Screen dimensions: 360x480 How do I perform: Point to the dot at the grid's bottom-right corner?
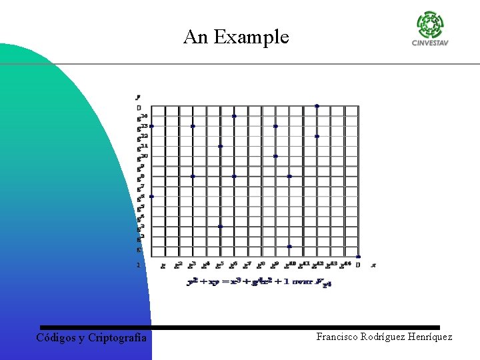[358, 257]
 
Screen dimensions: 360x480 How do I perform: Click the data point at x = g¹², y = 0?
[317, 106]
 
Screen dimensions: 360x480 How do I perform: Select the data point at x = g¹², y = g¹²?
[317, 136]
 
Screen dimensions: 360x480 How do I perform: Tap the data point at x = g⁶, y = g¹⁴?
[234, 116]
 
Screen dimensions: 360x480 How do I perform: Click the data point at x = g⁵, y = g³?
[220, 227]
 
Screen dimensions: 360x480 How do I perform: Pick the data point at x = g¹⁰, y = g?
[289, 247]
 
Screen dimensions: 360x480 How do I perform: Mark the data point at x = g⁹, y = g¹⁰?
[275, 156]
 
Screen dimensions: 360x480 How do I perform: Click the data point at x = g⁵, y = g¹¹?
[220, 146]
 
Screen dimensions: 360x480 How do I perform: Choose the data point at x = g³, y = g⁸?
[193, 176]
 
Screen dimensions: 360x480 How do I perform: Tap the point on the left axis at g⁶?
[151, 196]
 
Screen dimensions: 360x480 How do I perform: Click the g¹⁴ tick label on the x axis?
[345, 265]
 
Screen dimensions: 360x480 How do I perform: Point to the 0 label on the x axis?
[358, 265]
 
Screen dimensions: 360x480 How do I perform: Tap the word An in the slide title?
[196, 37]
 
